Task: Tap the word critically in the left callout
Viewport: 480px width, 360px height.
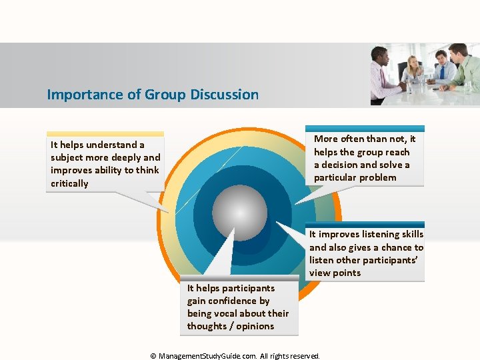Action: click(69, 183)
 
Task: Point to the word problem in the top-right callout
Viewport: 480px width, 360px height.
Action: click(377, 177)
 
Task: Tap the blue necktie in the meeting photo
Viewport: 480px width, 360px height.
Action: click(441, 72)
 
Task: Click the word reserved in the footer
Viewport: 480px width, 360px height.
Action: click(305, 356)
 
